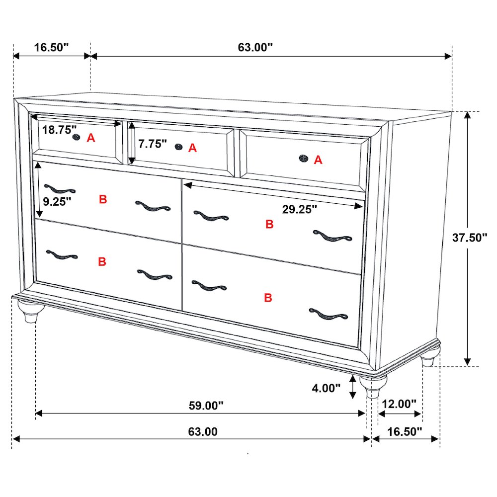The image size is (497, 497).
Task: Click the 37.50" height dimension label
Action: [x=470, y=238]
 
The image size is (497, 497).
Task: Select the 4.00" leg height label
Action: [x=326, y=388]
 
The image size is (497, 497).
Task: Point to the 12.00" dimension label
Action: [x=399, y=404]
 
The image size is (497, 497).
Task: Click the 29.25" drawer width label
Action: [x=300, y=209]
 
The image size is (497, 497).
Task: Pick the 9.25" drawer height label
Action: [x=57, y=201]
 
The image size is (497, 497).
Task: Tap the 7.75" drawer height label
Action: [x=152, y=144]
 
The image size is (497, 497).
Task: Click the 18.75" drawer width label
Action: [x=59, y=130]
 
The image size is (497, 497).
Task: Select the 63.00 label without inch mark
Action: [x=202, y=431]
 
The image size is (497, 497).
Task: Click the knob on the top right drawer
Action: [x=303, y=158]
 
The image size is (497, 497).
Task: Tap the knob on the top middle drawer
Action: [x=177, y=146]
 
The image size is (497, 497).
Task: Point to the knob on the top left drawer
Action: [x=76, y=137]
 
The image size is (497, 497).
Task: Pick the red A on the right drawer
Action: [x=318, y=160]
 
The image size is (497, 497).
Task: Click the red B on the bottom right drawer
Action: [x=268, y=298]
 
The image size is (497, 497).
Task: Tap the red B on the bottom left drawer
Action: [x=102, y=262]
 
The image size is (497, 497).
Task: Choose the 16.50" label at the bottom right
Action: [x=405, y=431]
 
